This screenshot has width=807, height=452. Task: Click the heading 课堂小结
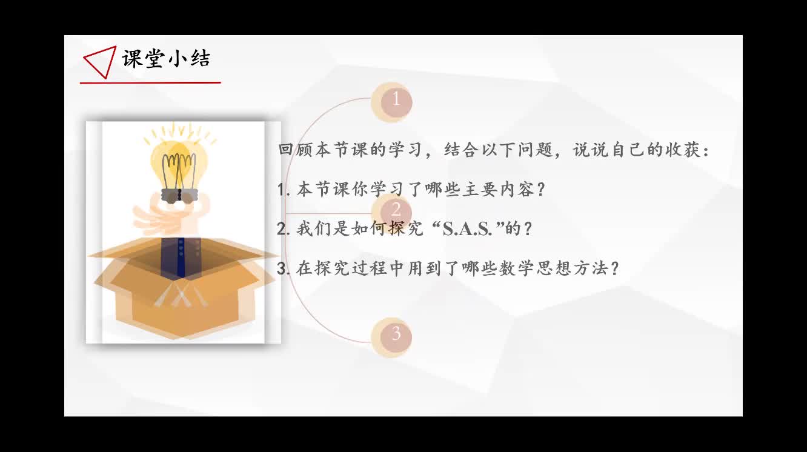[x=166, y=59]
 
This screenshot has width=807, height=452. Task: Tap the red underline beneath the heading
[x=150, y=82]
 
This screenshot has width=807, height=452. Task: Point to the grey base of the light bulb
[x=179, y=196]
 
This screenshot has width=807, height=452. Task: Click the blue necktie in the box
[x=181, y=257]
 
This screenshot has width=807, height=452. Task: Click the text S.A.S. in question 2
[x=467, y=229]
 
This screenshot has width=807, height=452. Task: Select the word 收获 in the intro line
[x=683, y=150]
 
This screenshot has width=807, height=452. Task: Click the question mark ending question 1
[x=540, y=190]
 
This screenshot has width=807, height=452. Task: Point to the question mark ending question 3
[x=615, y=268]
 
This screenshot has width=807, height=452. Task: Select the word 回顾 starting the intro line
[x=296, y=150]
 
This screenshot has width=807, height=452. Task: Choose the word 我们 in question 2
[x=314, y=228]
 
